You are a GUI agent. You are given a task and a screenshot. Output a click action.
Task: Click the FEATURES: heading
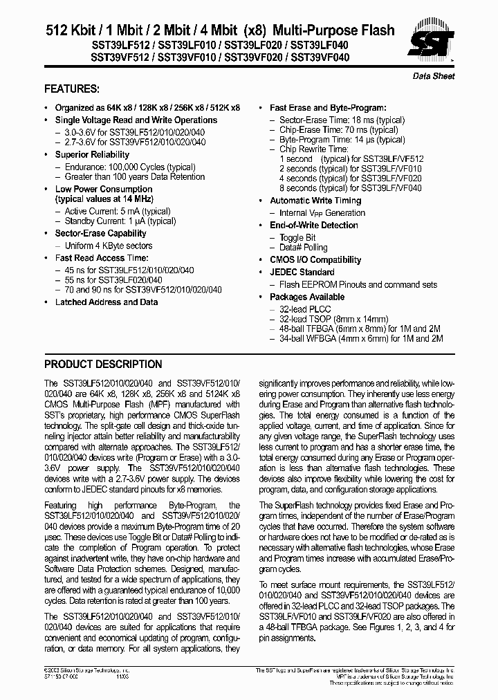(71, 89)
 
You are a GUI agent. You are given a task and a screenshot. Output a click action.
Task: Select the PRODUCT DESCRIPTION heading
(103, 365)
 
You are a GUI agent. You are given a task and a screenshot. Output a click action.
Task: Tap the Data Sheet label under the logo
(434, 76)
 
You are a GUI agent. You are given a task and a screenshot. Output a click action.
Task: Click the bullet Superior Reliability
(92, 155)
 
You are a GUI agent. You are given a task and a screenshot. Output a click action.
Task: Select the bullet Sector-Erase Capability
(100, 234)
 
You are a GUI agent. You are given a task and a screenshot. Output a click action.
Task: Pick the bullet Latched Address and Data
(107, 302)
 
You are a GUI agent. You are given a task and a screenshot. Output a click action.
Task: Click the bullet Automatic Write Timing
(315, 201)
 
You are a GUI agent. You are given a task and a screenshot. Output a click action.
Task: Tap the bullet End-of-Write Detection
(313, 225)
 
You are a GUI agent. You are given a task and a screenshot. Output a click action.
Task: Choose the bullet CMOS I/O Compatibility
(315, 260)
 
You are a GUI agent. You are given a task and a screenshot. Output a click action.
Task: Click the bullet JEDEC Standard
(302, 273)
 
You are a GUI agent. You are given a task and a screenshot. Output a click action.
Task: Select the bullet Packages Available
(306, 297)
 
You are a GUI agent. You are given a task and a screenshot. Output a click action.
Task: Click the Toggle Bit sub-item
(297, 237)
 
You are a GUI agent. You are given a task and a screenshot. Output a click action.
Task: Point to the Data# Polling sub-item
(303, 248)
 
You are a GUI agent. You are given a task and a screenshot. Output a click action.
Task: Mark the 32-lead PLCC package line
(305, 308)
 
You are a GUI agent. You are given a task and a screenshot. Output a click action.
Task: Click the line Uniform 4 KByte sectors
(108, 246)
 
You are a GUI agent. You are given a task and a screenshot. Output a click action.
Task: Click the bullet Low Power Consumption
(104, 189)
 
